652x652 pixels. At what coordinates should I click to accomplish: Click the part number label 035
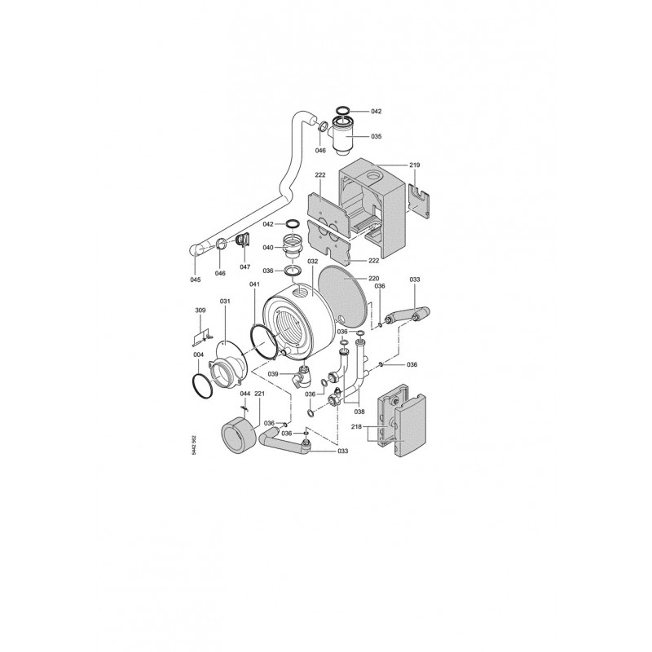[376, 136]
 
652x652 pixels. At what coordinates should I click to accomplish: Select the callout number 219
[415, 165]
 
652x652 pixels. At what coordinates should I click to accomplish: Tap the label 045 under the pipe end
[196, 280]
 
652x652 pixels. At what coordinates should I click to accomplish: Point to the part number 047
[245, 267]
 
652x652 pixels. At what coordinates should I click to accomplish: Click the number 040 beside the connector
[268, 248]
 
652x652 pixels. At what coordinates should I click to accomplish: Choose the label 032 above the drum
[313, 262]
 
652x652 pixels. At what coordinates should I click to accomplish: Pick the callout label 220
[374, 278]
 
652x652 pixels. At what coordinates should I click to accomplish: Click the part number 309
[200, 311]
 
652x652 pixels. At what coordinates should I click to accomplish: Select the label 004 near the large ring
[199, 355]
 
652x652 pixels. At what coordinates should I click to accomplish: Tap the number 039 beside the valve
[273, 374]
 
